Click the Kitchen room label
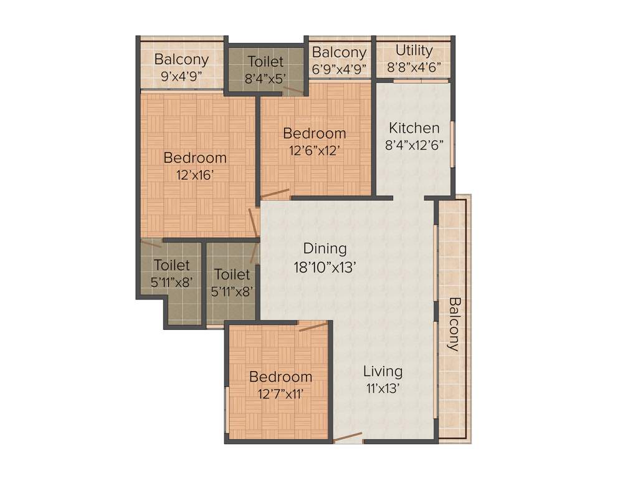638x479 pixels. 414,128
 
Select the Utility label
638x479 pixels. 414,51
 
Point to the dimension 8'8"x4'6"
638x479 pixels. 414,67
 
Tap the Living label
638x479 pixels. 383,371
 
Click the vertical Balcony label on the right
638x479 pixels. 453,324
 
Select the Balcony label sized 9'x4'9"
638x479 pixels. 181,60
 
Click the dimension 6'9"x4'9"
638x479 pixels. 340,68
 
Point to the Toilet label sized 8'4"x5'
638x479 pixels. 265,62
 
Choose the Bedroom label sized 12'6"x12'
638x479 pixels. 314,133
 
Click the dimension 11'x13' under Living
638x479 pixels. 383,388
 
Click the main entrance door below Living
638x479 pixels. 348,437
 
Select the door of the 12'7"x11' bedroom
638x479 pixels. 313,326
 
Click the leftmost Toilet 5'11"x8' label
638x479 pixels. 171,265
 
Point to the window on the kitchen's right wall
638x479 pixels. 453,143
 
